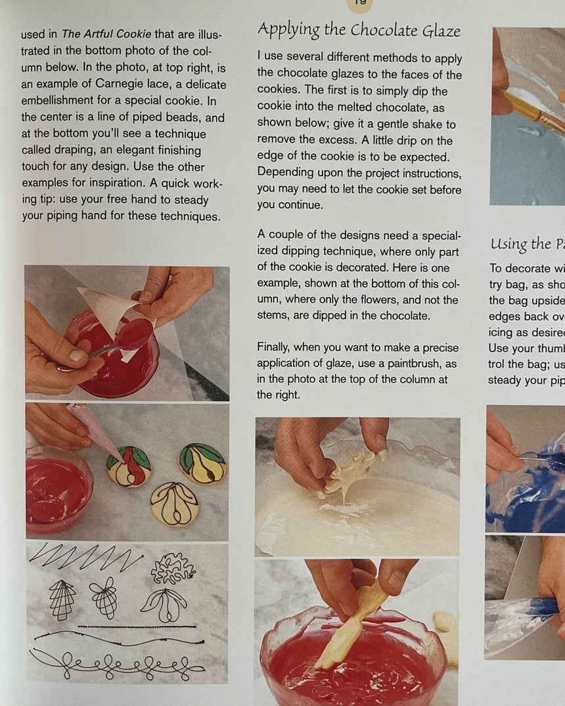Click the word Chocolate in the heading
pos(382,30)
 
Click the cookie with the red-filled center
pos(129,466)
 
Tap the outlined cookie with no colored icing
pos(174,503)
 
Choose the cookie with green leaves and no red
pos(202,463)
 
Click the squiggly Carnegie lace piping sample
pos(173,568)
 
